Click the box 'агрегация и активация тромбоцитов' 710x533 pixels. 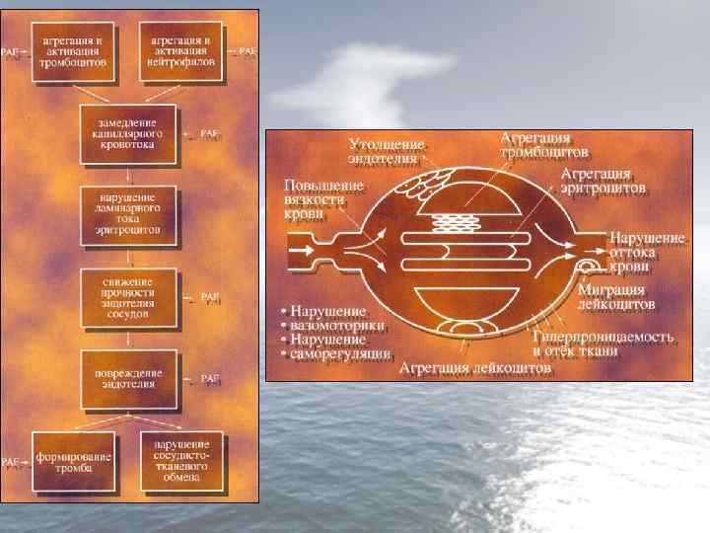tap(75, 48)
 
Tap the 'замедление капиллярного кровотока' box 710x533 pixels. tap(129, 131)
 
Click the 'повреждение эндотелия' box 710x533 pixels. tap(129, 378)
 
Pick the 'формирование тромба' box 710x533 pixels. tap(75, 464)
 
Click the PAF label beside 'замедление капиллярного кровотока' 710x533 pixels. tap(210, 132)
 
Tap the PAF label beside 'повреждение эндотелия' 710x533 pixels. tap(210, 378)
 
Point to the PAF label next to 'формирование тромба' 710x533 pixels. tap(12, 461)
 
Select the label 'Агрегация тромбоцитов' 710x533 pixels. tap(542, 145)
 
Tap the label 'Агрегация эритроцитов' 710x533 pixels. tap(603, 180)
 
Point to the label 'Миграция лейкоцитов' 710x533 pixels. tap(616, 298)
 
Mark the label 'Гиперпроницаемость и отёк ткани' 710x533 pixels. tap(603, 343)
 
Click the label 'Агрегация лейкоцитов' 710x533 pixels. tap(475, 367)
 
